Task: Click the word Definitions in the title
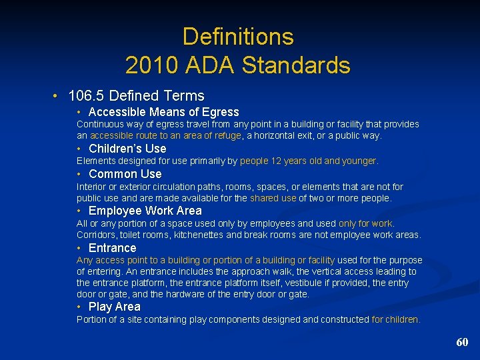point(238,36)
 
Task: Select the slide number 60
point(462,342)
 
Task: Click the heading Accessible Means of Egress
point(163,112)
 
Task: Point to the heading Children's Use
point(127,148)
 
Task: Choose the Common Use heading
point(125,174)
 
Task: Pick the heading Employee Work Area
point(145,211)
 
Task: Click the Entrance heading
point(112,248)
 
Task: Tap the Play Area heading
point(114,307)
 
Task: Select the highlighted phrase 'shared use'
point(273,198)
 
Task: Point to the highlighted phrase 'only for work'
point(366,223)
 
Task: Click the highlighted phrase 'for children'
point(396,319)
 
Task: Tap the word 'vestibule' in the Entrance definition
point(323,283)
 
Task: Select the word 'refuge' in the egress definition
point(229,135)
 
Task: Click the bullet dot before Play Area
point(79,307)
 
